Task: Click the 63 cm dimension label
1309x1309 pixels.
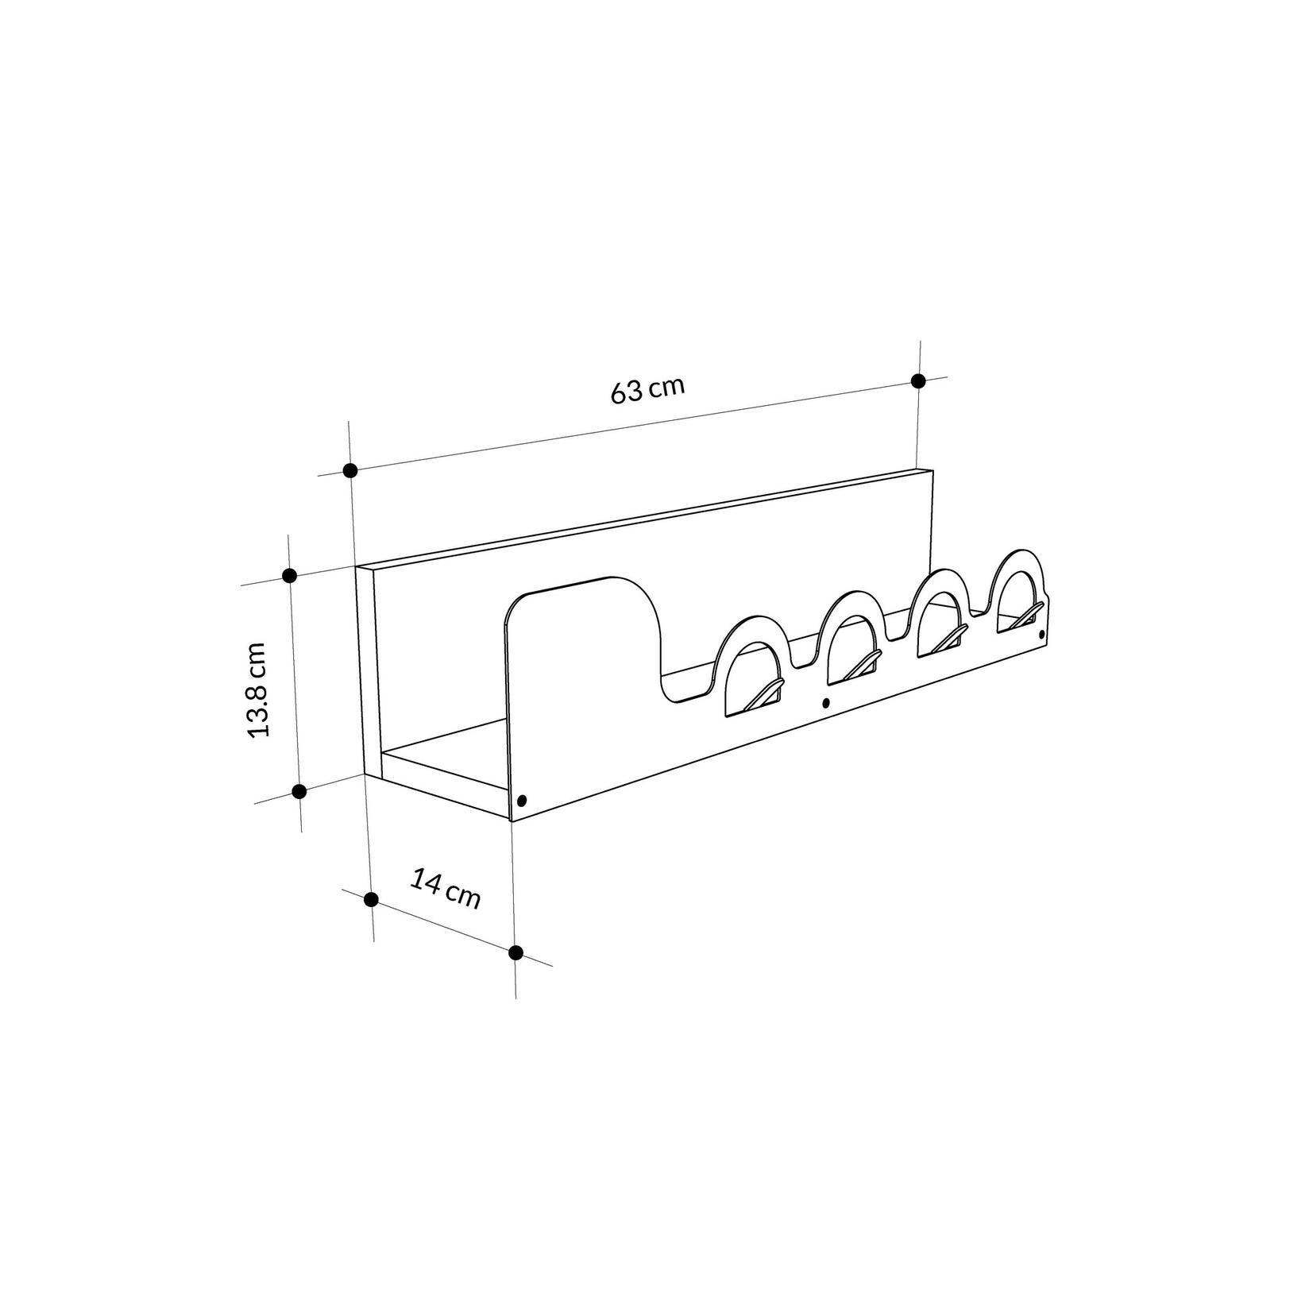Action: point(647,389)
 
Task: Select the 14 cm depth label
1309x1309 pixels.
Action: point(446,888)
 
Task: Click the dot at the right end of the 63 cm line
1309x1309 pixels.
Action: point(918,380)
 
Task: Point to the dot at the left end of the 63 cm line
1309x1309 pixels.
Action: point(350,470)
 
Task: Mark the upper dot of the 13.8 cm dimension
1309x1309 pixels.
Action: point(289,575)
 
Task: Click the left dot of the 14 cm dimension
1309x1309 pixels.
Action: point(370,899)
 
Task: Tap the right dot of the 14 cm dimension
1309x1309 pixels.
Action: point(515,952)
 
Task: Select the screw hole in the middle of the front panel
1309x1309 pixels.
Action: point(825,702)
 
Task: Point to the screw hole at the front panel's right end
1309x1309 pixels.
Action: point(1042,635)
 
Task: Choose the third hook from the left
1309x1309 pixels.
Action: point(951,637)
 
